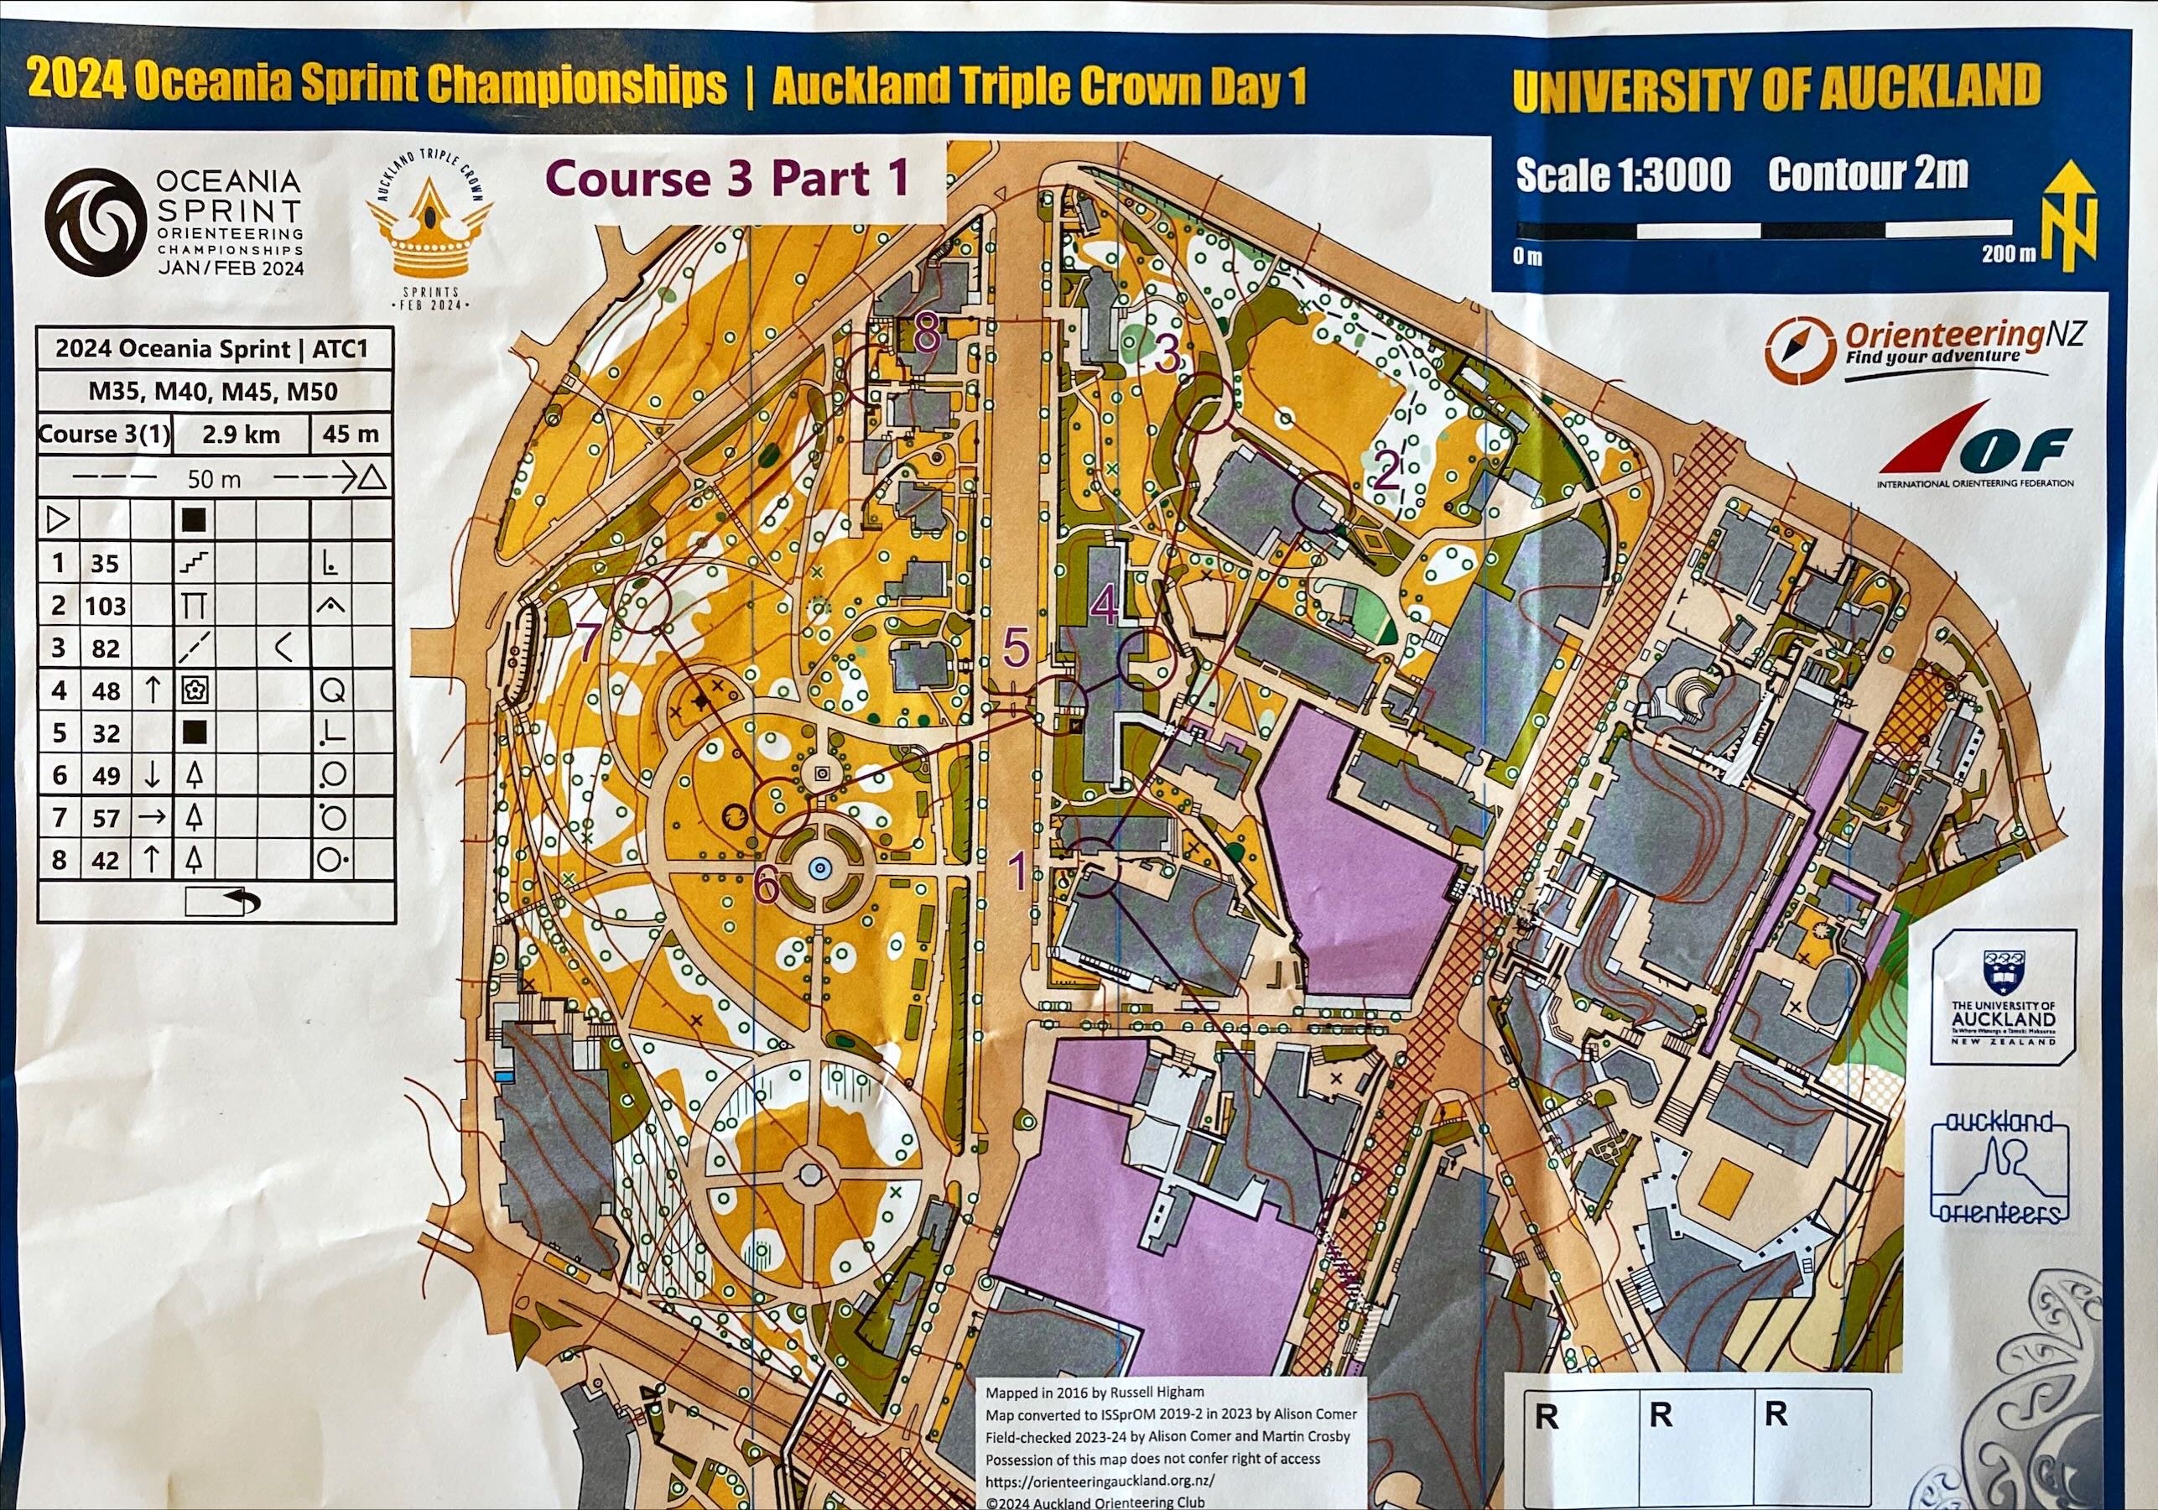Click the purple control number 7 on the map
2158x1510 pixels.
(589, 643)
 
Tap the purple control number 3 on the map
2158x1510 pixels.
(1167, 355)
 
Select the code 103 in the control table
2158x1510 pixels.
(106, 606)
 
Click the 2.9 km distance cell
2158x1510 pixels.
(241, 435)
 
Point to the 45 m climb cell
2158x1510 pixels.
(350, 435)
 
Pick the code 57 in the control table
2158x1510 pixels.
(106, 817)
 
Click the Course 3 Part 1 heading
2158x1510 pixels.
(726, 178)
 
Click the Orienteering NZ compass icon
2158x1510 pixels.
(1799, 349)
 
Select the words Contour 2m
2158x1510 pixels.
(1867, 174)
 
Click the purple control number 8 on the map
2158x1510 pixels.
(926, 332)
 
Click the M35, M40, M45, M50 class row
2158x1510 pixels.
(213, 391)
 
